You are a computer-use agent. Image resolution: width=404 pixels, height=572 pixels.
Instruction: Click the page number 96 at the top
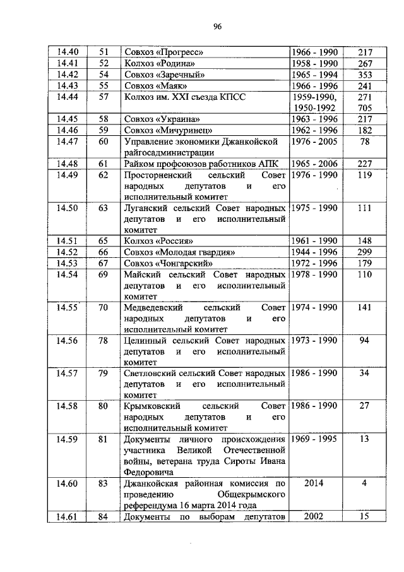[x=217, y=26]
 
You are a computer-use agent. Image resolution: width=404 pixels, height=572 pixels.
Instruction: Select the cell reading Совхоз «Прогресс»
[x=163, y=52]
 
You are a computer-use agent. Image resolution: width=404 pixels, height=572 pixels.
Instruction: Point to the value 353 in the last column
[x=365, y=75]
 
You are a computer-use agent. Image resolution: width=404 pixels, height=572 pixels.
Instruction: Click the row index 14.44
[x=68, y=97]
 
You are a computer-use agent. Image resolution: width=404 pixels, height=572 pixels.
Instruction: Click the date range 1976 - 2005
[x=314, y=141]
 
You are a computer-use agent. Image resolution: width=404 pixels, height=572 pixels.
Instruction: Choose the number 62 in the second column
[x=104, y=175]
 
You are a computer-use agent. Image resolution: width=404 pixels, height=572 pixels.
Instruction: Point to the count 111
[x=365, y=209]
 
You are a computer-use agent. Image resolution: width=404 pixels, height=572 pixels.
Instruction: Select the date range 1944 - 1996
[x=314, y=252]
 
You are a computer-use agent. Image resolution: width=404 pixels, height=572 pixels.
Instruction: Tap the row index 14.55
[x=67, y=308]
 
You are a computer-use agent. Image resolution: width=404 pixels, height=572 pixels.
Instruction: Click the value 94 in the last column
[x=364, y=341]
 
